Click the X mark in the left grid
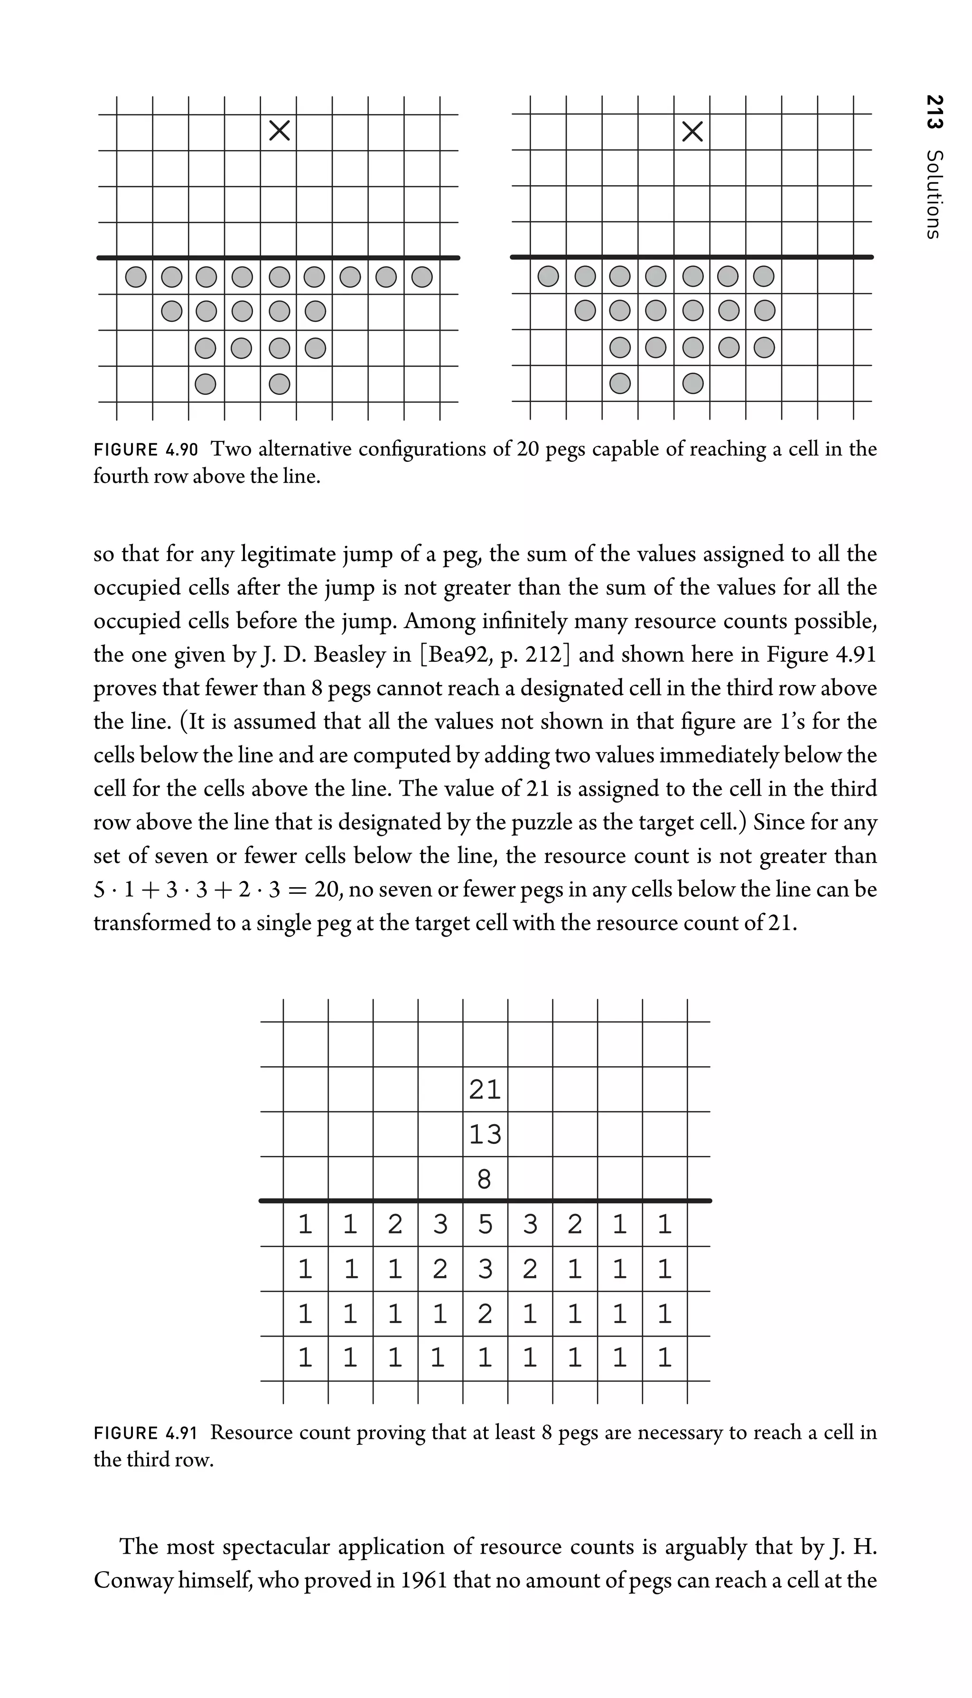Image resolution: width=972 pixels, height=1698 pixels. [279, 131]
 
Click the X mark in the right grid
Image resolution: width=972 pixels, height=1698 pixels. [692, 131]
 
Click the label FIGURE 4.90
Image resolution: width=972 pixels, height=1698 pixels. [146, 450]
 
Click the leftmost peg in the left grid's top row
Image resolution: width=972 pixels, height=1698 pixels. [136, 276]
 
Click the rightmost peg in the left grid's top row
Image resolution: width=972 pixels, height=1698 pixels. [421, 276]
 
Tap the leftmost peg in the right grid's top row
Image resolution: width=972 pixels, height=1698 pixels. [548, 276]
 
